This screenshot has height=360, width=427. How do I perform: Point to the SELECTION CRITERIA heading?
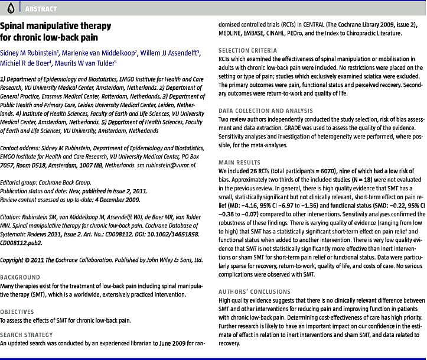(247, 51)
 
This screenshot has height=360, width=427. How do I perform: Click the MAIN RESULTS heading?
(239, 162)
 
